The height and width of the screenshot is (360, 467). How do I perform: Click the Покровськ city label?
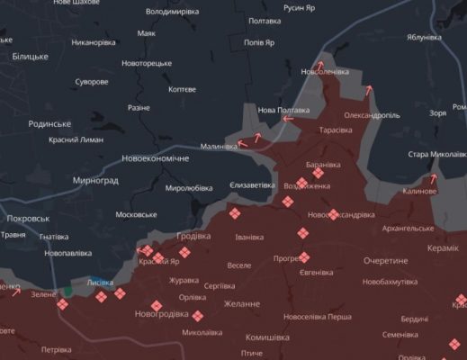pos(27,219)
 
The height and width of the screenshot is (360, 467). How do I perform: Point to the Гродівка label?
pos(193,236)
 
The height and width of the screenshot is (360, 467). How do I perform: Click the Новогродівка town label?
pos(161,314)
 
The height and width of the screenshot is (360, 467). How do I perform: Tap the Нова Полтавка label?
pos(283,110)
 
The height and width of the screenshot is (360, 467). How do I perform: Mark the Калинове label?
pos(419,192)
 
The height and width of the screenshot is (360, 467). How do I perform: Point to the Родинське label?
pos(49,123)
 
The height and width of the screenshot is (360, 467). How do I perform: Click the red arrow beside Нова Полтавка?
pos(287,118)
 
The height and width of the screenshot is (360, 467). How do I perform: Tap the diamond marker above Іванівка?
pos(236,214)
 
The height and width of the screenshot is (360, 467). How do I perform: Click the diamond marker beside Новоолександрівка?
pos(334,214)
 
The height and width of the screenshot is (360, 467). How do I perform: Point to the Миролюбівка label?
pos(189,188)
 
